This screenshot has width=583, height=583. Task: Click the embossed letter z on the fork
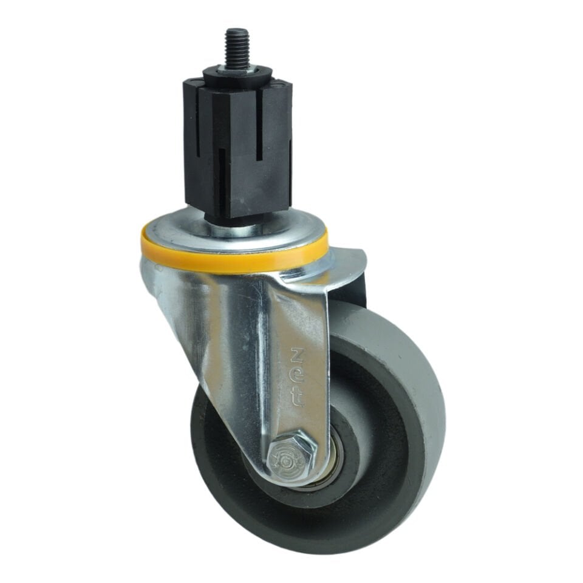point(298,353)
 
